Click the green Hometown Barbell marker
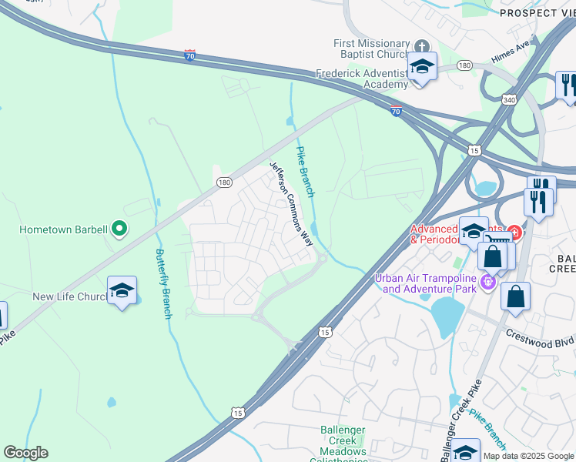pos(119,228)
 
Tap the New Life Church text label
pos(68,296)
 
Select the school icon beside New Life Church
pos(122,291)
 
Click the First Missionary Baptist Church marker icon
pos(421,45)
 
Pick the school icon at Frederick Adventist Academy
pos(422,67)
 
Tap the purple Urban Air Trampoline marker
pos(486,283)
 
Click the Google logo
pos(25,453)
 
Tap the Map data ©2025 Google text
pos(528,456)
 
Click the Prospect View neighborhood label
pos(537,12)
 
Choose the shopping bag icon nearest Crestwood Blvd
pos(515,296)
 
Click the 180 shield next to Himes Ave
pos(464,66)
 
